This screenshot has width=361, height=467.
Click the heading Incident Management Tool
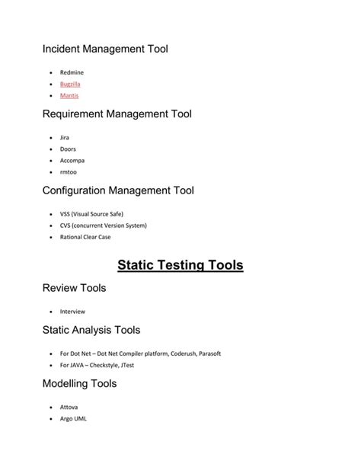(105, 50)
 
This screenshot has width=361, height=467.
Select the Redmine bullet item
(72, 72)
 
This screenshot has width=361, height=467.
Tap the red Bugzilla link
(70, 84)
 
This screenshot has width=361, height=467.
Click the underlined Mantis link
(69, 96)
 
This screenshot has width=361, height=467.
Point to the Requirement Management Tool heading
(117, 114)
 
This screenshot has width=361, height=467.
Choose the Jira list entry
(65, 137)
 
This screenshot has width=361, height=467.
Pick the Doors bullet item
(68, 149)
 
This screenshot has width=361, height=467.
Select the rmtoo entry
(68, 172)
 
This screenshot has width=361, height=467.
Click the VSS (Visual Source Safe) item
(91, 214)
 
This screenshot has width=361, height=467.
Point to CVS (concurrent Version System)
(103, 226)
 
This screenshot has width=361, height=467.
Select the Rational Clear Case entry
(85, 237)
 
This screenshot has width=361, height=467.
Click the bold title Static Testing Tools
(180, 265)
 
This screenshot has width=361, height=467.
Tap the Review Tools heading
(74, 288)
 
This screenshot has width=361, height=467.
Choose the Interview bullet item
(72, 311)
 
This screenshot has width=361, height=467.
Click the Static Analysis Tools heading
(91, 330)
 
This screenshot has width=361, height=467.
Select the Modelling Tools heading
(79, 384)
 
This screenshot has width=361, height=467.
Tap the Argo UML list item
(73, 418)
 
